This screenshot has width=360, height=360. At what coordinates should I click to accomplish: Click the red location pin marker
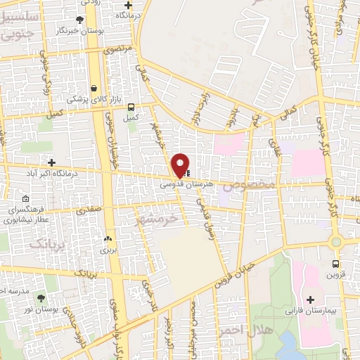coord(181,164)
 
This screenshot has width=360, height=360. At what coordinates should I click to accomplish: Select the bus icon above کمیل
coord(131,107)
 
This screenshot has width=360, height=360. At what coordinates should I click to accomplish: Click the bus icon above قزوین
coord(336,265)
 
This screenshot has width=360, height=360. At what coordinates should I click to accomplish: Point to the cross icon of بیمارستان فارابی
coord(310,300)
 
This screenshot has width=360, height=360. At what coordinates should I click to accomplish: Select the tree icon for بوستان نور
coord(40,298)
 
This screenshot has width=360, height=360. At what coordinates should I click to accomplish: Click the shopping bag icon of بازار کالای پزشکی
coord(94,88)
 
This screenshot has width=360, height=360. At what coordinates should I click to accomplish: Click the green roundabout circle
coord(336,243)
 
